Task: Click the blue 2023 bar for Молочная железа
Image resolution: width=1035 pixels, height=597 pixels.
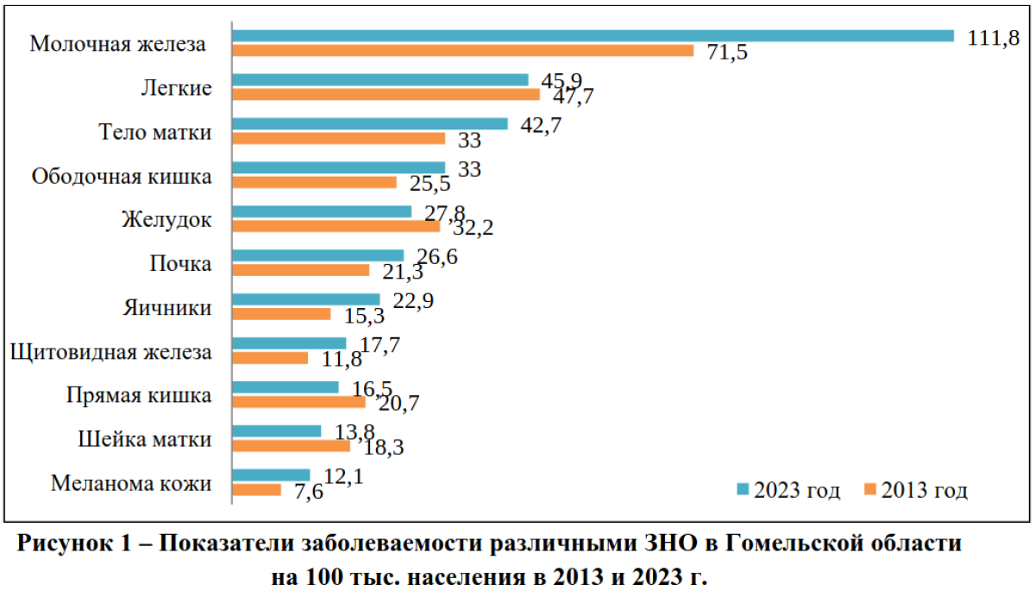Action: pos(593,35)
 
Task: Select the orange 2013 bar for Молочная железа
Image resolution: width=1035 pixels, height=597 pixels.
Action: pos(463,51)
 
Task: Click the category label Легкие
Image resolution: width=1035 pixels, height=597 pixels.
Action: pos(176,88)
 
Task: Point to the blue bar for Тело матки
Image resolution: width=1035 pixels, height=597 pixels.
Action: pos(370,123)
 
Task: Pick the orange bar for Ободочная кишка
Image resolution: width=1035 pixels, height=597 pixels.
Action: pos(315,182)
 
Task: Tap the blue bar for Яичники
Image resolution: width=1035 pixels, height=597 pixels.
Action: pos(306,299)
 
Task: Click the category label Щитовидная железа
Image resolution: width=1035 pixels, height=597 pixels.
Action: pos(109,351)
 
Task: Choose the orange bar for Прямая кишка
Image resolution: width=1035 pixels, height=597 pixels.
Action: pos(299,402)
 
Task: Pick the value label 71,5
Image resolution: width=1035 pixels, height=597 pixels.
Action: pos(723,53)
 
